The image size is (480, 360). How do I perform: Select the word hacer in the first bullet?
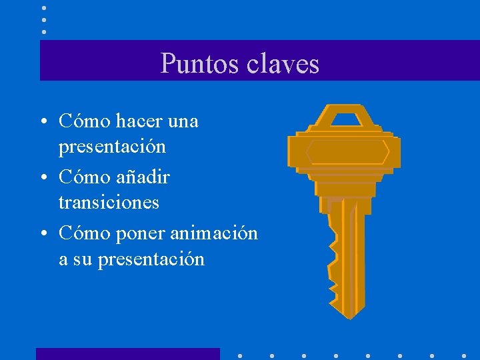tap(139, 121)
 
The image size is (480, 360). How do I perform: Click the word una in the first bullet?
tap(183, 121)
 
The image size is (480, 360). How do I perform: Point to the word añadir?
tap(143, 177)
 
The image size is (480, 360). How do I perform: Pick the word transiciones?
tap(109, 201)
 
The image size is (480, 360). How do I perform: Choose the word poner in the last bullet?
tap(141, 234)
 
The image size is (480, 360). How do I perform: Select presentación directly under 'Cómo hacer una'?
tap(112, 145)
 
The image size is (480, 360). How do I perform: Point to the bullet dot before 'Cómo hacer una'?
tap(42, 122)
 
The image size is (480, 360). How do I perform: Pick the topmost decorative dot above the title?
tap(44, 8)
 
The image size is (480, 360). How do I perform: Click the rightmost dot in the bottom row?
tap(464, 355)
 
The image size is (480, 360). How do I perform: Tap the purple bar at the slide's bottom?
tap(127, 354)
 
